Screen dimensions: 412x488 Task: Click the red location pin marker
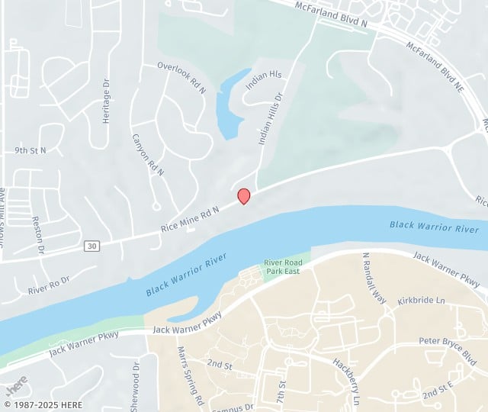[x=244, y=195]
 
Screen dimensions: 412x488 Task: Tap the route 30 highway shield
[x=91, y=245]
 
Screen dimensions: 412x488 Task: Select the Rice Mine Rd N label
[x=190, y=219]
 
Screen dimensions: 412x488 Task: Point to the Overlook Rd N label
[x=181, y=78]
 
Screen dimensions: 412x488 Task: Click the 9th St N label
[x=30, y=150]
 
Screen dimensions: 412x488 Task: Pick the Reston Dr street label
[x=37, y=234]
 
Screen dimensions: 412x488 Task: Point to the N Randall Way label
[x=374, y=278]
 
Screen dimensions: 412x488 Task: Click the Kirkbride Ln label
[x=420, y=301]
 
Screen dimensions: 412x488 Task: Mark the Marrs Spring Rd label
[x=191, y=376]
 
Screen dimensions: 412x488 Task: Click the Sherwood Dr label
[x=136, y=385]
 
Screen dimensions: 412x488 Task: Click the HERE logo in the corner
[x=17, y=383]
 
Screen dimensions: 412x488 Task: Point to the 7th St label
[x=280, y=392]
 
